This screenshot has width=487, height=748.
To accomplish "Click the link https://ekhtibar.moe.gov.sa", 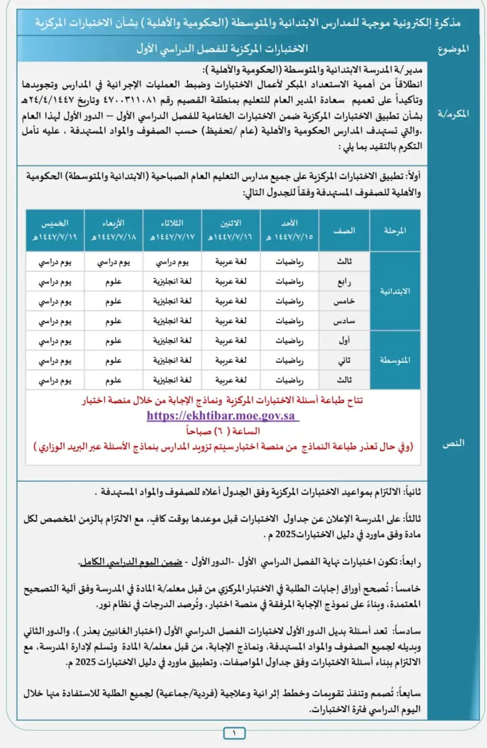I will point(223,416).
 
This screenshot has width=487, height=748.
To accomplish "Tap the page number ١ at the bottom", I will point(234,734).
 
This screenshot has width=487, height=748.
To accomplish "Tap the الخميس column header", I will point(55,231).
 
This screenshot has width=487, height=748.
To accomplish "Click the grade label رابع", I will point(345,282).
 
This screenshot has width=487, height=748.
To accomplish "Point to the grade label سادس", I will point(345,320).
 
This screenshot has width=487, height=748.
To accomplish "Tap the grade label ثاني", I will point(345,359).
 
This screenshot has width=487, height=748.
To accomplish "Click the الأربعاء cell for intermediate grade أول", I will point(114,340).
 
